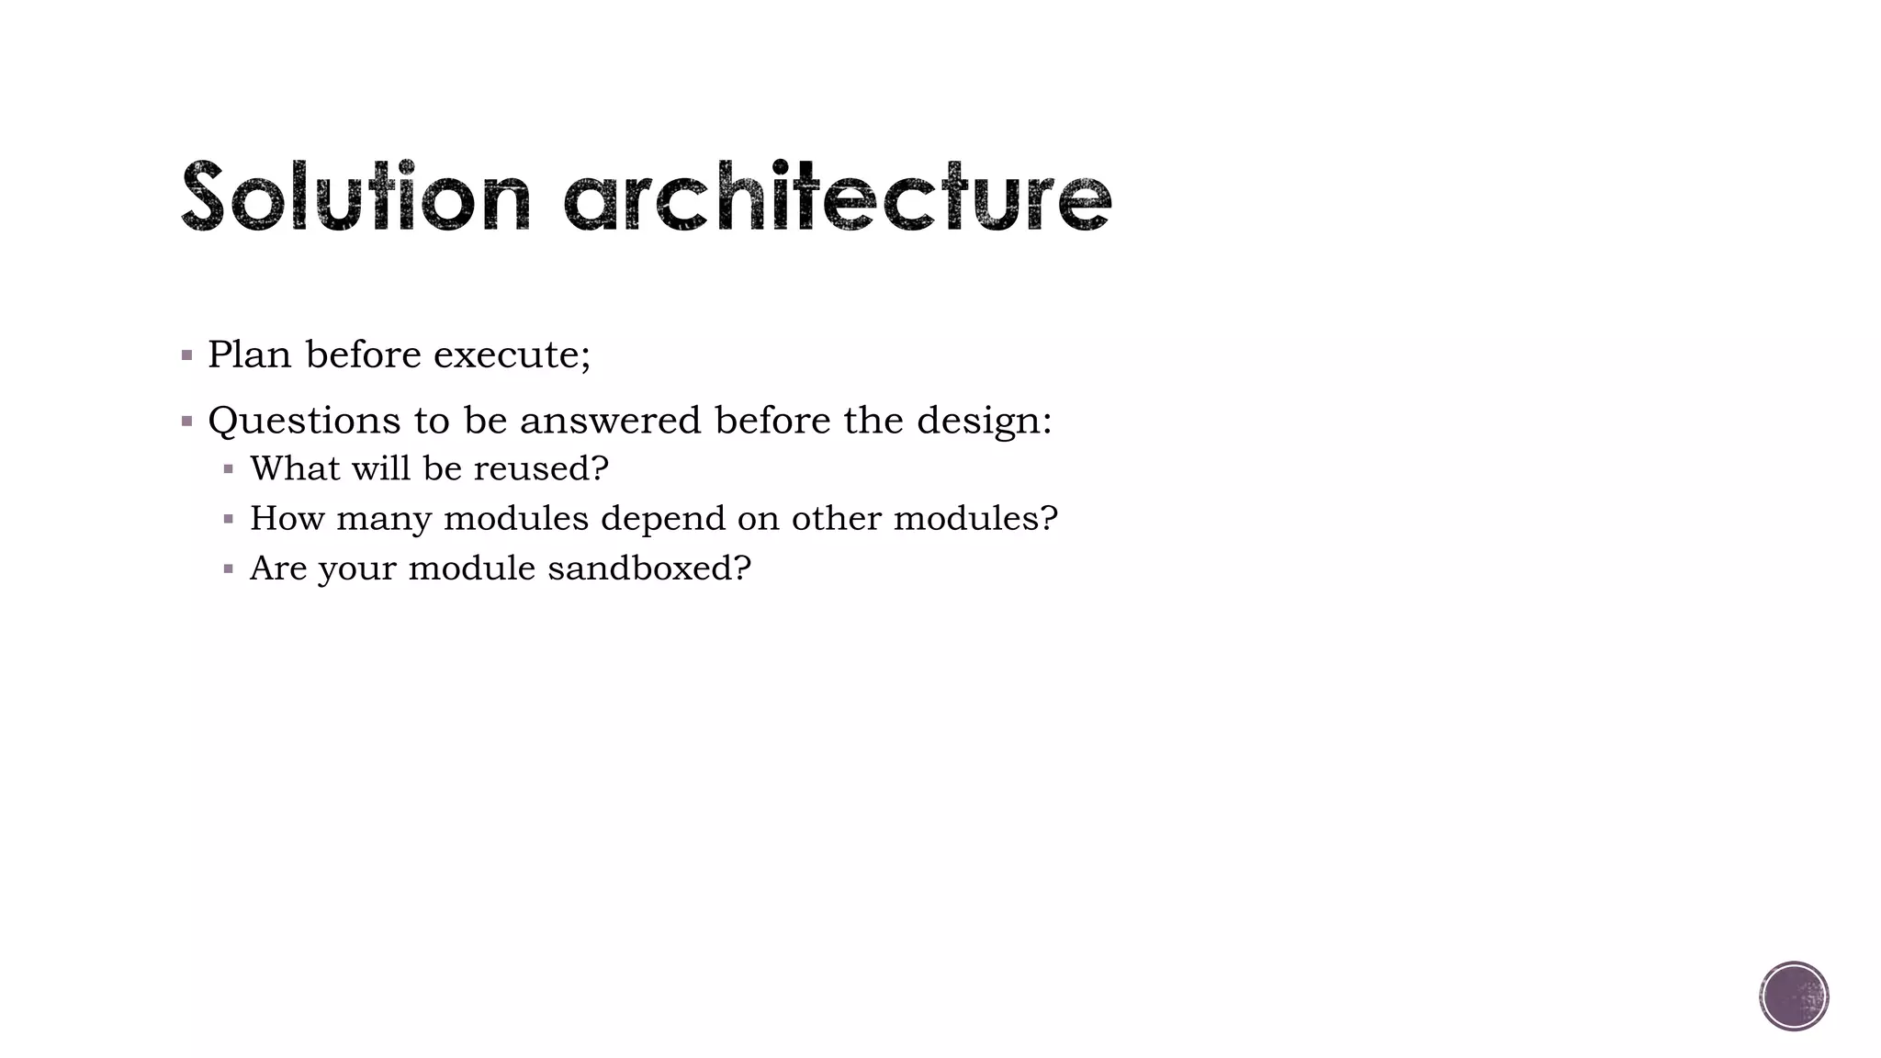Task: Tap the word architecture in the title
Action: (837, 196)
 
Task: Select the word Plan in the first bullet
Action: (249, 355)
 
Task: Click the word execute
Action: (512, 355)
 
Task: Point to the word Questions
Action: (304, 422)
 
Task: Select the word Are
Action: (278, 568)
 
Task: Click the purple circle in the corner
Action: (1794, 996)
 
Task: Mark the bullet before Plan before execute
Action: (187, 355)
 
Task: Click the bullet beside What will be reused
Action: (229, 470)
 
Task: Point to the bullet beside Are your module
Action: (229, 569)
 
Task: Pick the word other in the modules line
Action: (836, 519)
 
